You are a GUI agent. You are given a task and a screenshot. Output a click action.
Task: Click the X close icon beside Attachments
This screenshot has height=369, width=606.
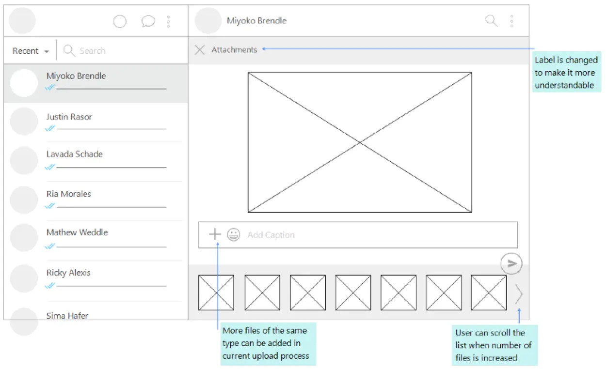click(200, 50)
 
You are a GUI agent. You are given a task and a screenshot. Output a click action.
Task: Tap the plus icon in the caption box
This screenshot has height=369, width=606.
click(215, 234)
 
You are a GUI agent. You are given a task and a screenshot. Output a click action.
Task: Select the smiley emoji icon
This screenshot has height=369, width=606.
click(234, 234)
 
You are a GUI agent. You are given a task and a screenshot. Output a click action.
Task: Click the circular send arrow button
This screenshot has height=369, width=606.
click(511, 263)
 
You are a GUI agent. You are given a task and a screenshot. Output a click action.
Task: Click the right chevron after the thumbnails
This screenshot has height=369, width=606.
click(519, 294)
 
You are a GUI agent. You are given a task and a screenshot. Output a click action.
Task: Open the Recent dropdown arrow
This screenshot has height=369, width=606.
click(47, 51)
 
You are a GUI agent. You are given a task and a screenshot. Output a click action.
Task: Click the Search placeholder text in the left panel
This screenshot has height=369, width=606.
click(92, 51)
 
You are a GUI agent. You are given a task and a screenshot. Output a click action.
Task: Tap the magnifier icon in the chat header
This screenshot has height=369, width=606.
click(491, 21)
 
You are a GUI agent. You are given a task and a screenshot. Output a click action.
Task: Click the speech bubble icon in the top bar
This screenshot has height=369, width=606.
click(148, 21)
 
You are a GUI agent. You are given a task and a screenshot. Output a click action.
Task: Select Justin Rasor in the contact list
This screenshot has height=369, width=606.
click(69, 117)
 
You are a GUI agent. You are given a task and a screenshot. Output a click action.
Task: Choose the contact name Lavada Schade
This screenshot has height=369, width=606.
click(74, 154)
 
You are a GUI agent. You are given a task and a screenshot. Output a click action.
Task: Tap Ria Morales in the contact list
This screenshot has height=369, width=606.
click(69, 194)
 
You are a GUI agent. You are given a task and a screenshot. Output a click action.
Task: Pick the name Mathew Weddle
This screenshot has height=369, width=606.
click(77, 232)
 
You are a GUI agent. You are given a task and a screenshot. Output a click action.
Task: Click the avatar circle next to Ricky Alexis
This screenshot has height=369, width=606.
click(24, 278)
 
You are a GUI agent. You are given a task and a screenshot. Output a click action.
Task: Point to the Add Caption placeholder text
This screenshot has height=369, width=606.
click(271, 235)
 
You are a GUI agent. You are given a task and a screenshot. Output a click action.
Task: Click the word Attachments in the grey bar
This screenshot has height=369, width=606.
click(234, 50)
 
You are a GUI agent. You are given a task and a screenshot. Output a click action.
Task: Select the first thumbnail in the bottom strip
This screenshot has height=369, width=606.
click(216, 292)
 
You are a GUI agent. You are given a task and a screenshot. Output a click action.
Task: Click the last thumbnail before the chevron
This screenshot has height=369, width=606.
click(489, 292)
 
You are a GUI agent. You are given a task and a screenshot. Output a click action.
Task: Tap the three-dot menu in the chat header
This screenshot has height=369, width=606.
click(511, 21)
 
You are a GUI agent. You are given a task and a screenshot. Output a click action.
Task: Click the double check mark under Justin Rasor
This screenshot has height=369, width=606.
click(50, 128)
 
